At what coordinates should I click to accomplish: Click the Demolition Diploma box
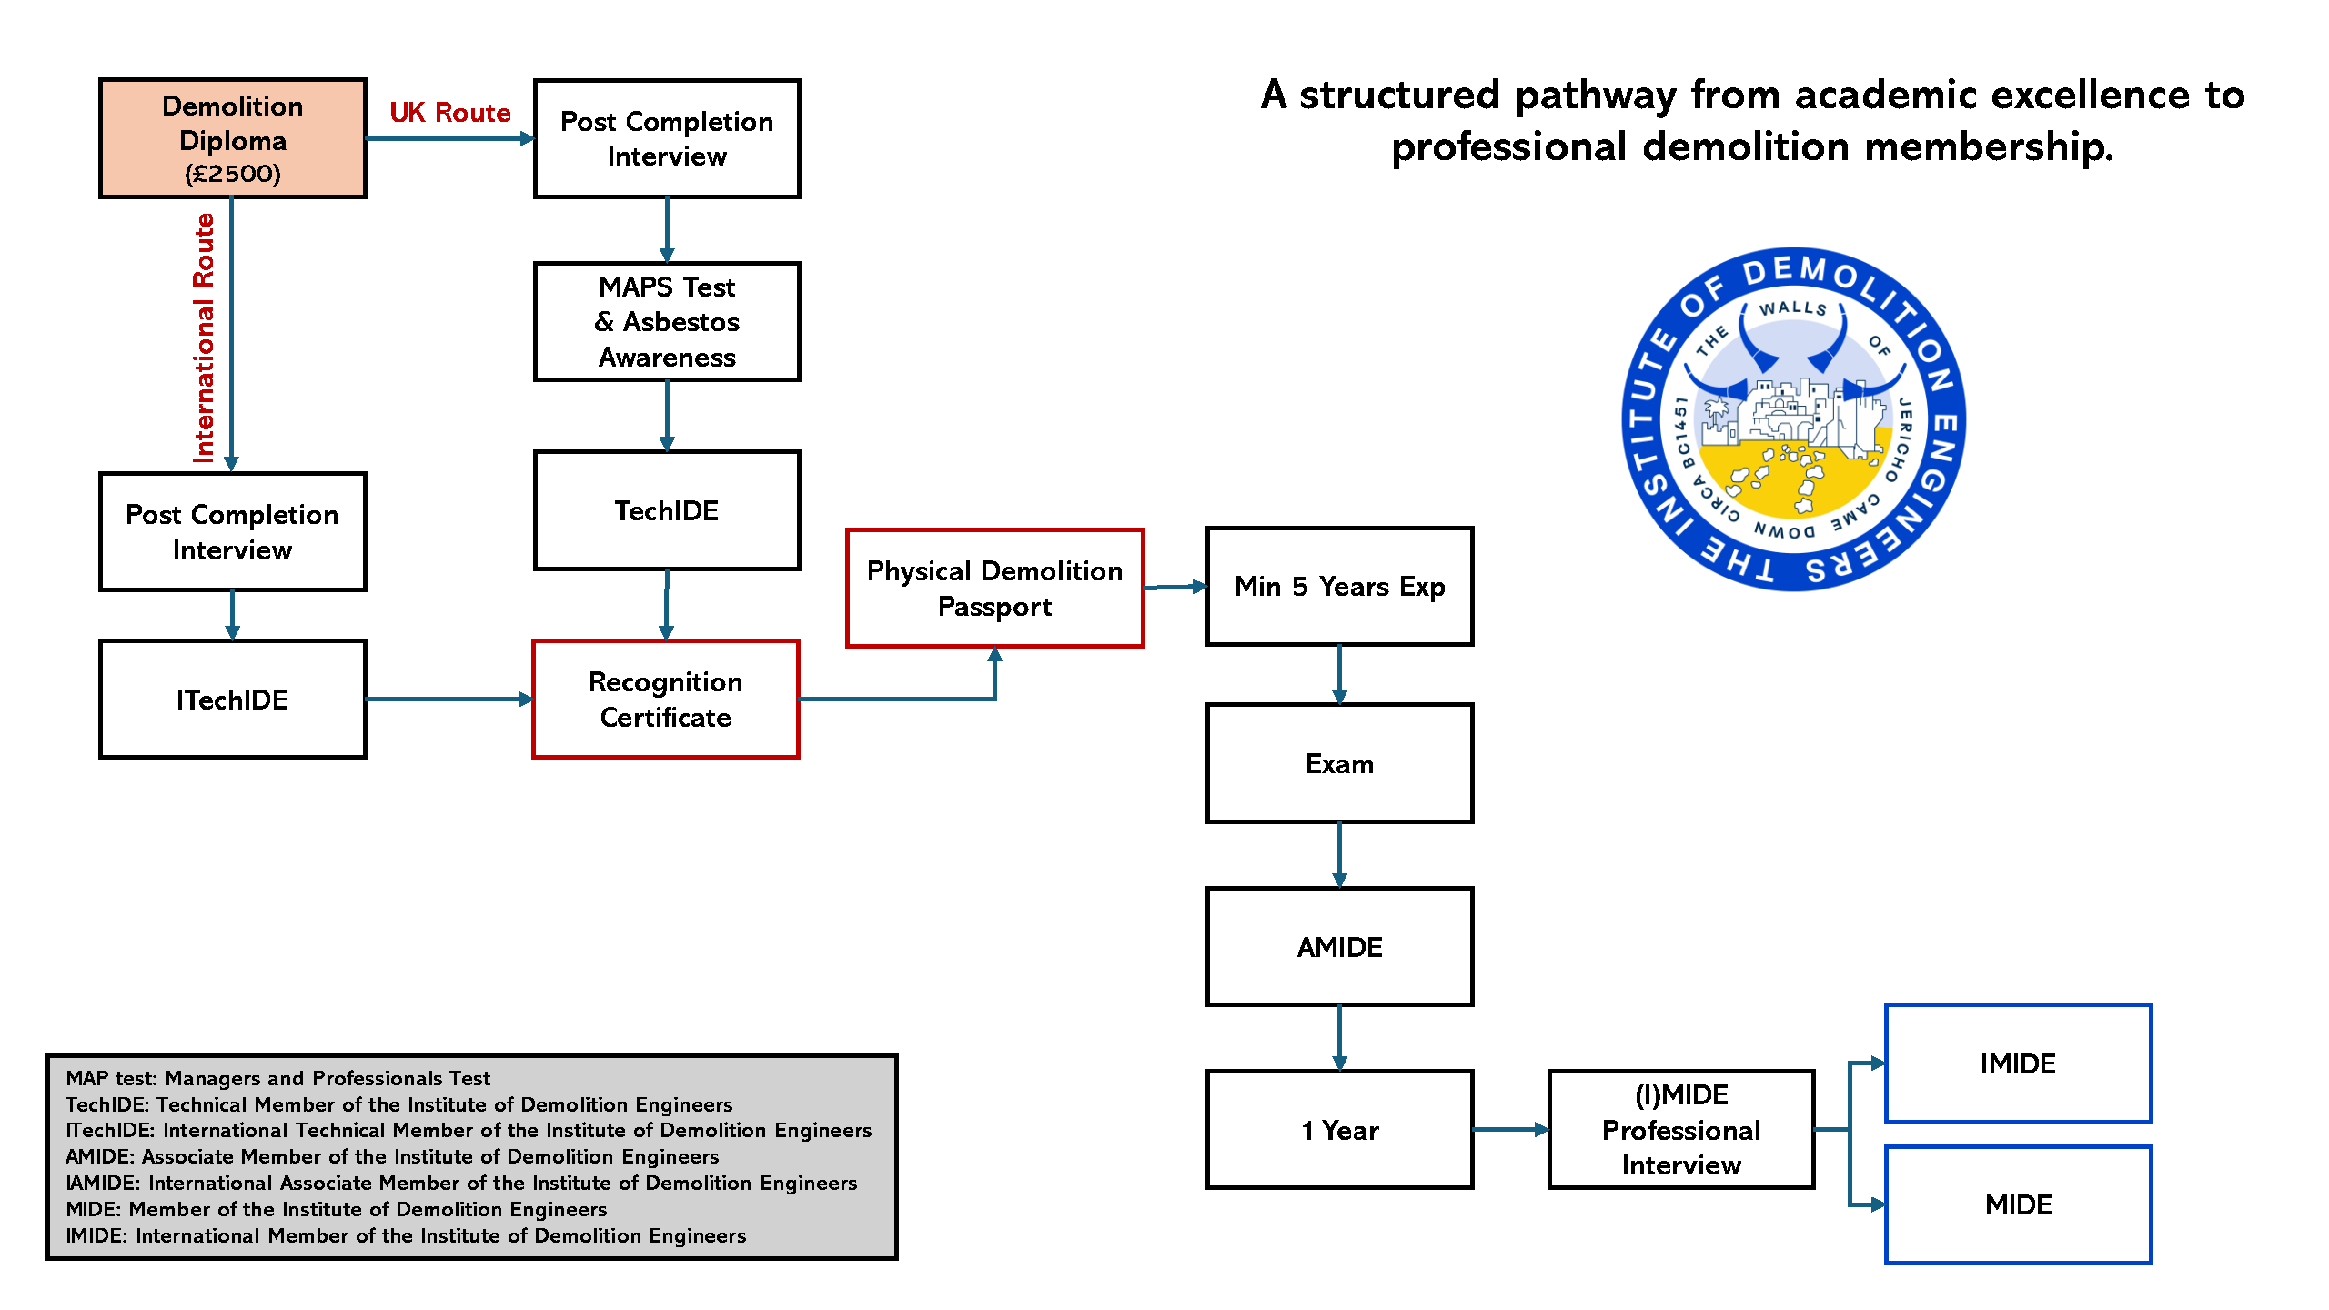(233, 138)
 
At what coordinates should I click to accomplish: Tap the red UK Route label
(449, 113)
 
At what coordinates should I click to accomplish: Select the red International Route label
(204, 338)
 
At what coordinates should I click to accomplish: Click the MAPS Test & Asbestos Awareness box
(667, 322)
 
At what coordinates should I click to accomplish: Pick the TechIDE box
(667, 510)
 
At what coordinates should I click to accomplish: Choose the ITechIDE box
(233, 700)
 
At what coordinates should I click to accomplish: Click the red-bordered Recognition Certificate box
(666, 700)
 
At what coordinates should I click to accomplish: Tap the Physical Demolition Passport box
(994, 589)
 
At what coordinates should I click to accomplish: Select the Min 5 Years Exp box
(1339, 587)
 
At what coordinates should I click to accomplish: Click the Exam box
(1339, 763)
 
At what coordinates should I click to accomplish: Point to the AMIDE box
(1339, 947)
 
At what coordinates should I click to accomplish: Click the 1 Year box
(1339, 1130)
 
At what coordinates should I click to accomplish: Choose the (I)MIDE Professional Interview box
(1681, 1130)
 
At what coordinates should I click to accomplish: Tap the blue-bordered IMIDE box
(2018, 1063)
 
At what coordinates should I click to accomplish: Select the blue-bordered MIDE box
(2018, 1204)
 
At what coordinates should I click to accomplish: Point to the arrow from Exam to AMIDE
(1339, 855)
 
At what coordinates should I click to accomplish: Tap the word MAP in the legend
(86, 1078)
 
